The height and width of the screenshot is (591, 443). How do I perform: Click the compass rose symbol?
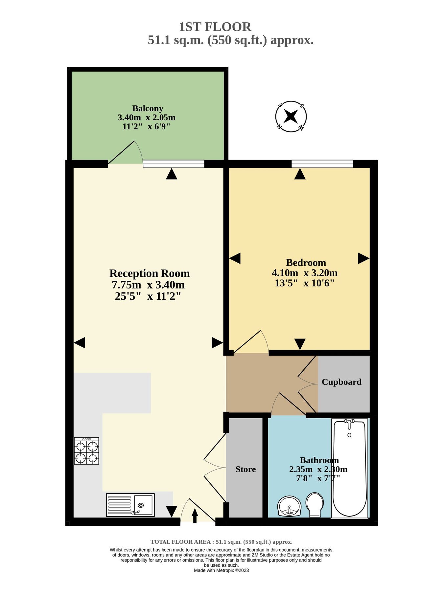tap(291, 117)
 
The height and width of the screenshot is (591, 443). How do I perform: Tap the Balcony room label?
tap(148, 108)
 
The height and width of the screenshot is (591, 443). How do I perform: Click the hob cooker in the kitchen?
tap(86, 451)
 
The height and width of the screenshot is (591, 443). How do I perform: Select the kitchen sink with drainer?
tap(130, 505)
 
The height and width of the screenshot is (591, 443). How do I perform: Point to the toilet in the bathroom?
tap(315, 504)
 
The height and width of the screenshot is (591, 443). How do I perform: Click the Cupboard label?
tap(341, 382)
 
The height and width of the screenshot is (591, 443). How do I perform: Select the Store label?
tap(245, 469)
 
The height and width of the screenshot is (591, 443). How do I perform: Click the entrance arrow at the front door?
tap(195, 515)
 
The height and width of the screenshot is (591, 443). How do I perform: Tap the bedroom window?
tap(322, 163)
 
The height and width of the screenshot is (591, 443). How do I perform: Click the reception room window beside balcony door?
tap(174, 164)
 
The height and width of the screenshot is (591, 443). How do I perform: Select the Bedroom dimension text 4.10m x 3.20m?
tap(305, 273)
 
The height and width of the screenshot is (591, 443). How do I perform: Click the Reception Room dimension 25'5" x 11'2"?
tap(148, 296)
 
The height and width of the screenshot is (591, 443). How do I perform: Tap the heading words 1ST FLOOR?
tap(215, 27)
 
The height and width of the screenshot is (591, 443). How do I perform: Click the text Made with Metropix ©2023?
tap(221, 570)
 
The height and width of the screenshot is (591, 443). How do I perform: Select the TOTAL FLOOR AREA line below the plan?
tap(221, 542)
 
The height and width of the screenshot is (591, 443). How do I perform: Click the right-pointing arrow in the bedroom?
tap(363, 258)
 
